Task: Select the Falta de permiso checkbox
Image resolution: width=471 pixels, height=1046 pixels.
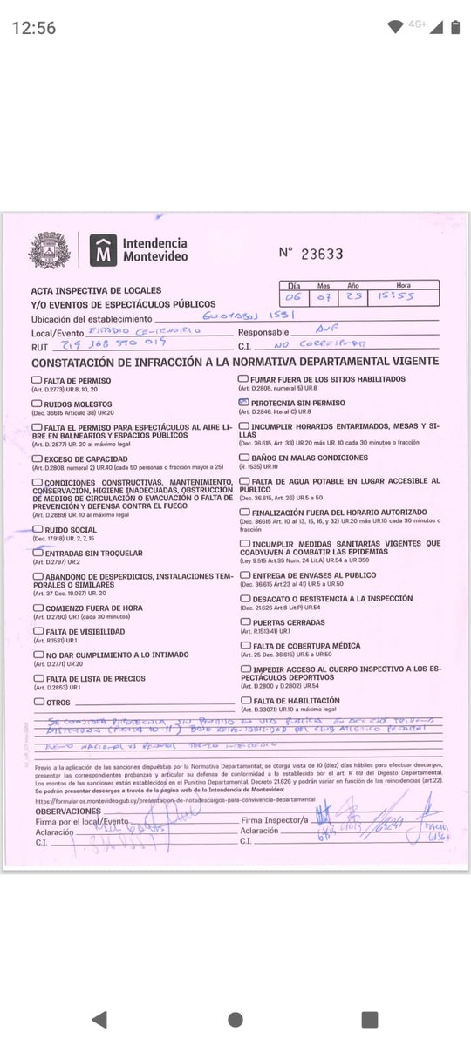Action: [37, 380]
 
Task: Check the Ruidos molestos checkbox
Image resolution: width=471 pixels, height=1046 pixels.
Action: [37, 404]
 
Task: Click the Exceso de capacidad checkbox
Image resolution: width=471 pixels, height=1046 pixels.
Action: [37, 458]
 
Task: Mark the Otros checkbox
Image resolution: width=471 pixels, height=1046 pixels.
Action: [37, 701]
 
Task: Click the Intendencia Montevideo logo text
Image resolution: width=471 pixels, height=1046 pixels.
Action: [154, 249]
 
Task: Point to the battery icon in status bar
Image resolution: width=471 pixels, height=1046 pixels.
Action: [454, 27]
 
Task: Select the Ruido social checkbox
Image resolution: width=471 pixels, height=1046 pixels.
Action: [37, 529]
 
